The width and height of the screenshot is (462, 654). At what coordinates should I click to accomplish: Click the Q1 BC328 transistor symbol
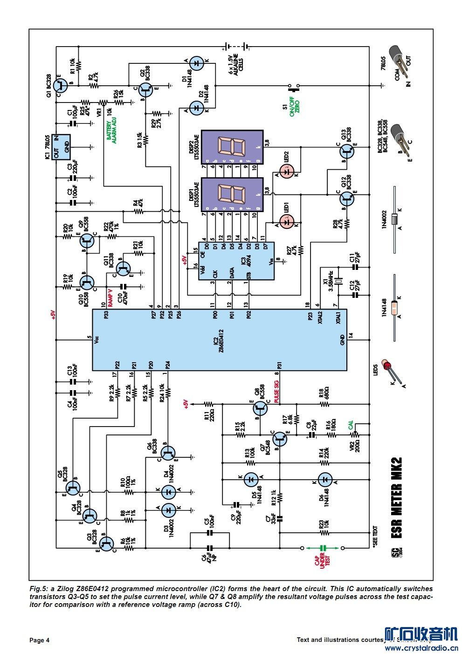tap(59, 85)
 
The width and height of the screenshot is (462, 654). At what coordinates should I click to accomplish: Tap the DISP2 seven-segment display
tap(232, 147)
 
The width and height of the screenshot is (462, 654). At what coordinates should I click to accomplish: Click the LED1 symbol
tap(287, 222)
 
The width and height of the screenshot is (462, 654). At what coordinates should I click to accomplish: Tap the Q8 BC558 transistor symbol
tap(261, 409)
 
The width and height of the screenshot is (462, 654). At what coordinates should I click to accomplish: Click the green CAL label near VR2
tap(351, 425)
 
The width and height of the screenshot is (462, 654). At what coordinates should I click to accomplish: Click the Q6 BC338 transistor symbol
tap(167, 452)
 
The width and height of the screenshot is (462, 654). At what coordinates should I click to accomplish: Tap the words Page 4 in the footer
tap(39, 640)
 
